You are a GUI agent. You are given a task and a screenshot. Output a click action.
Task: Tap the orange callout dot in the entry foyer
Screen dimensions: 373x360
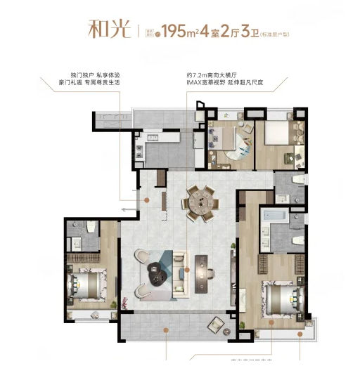(x=147, y=200)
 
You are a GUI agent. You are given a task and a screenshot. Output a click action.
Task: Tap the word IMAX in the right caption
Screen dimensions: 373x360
(x=197, y=82)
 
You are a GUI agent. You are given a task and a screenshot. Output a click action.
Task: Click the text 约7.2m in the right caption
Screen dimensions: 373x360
(x=200, y=74)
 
